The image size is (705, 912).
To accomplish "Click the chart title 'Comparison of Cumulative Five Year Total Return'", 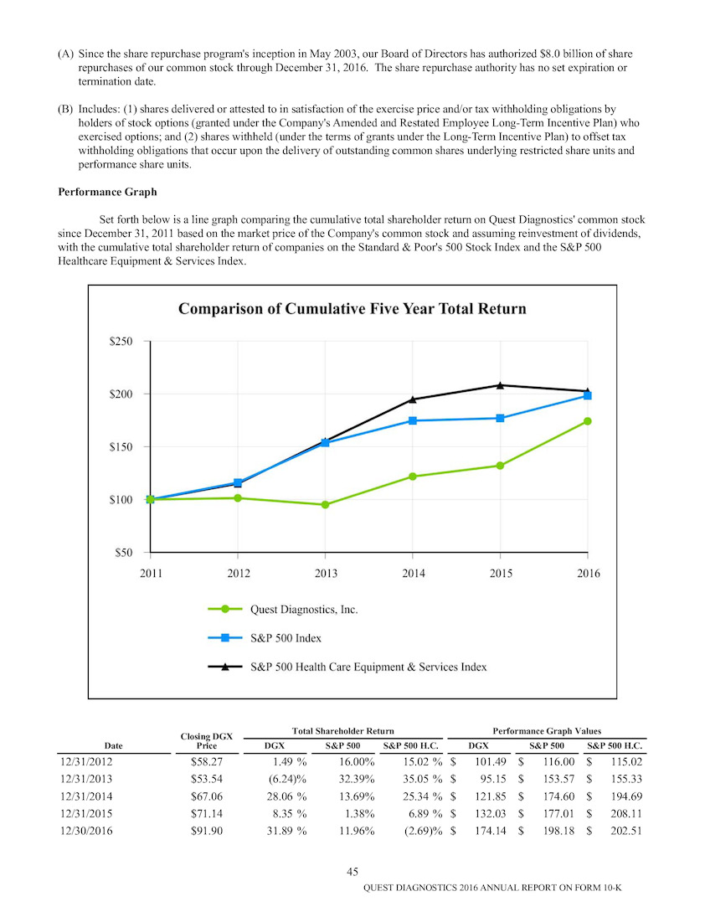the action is point(352,308).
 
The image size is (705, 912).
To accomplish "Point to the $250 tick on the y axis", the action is point(121,342).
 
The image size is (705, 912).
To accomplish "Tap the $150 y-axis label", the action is point(121,446).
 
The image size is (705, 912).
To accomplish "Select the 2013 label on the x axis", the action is point(326,574).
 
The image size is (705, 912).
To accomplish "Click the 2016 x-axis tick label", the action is point(588,574).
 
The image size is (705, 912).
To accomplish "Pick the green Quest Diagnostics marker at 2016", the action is point(588,421).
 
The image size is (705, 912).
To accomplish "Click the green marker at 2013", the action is point(325,505).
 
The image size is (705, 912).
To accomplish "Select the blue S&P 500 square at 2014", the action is point(413,420).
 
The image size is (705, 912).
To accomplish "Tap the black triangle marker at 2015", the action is point(500,385).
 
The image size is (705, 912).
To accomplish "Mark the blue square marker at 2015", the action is point(500,418).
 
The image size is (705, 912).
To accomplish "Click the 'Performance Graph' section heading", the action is point(108,192).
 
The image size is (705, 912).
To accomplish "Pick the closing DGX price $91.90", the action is point(207,831).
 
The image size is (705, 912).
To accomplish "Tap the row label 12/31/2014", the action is point(87,796).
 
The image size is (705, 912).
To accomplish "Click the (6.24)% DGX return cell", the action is point(286,779).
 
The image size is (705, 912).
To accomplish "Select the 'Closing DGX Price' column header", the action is point(207,741).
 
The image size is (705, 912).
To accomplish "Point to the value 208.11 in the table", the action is point(626,814).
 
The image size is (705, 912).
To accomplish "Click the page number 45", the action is point(352,872).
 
